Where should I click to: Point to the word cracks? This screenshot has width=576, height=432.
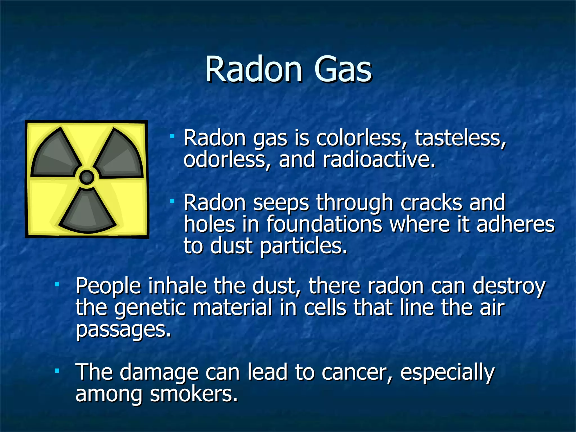(x=431, y=202)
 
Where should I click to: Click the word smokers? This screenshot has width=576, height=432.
(x=194, y=393)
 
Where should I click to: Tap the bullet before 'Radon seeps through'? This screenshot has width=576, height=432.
(x=172, y=201)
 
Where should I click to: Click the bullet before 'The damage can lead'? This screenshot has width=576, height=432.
(x=57, y=371)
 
